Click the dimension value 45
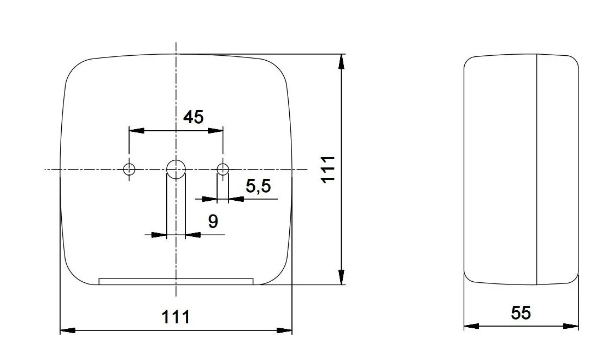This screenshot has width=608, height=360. pos(193,117)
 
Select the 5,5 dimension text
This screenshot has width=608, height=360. pos(258,187)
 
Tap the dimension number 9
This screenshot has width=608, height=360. pos(213,221)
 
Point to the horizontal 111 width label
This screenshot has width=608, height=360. pos(176,316)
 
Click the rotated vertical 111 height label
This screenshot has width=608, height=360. pos(328,169)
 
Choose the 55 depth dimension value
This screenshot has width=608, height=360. pos(521,312)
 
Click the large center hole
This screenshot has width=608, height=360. pos(176,169)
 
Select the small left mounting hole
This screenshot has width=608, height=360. pos(129,169)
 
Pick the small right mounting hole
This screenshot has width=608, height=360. pos(223,169)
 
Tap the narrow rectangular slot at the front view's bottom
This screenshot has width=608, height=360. pos(176,281)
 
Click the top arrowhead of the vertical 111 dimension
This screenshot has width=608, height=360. pos(342,61)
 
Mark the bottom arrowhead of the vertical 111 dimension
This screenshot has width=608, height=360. pos(342,278)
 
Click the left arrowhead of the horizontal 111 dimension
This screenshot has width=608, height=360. pos(67,330)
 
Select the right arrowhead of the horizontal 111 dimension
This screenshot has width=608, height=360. pos(285,330)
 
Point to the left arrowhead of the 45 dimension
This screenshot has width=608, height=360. pos(136,131)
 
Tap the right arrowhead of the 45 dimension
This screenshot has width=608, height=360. pos(216,131)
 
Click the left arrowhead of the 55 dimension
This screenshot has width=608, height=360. pos(471,326)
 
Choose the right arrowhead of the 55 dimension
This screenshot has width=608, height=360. pos(571,326)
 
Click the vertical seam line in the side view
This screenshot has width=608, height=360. pos(537,169)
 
